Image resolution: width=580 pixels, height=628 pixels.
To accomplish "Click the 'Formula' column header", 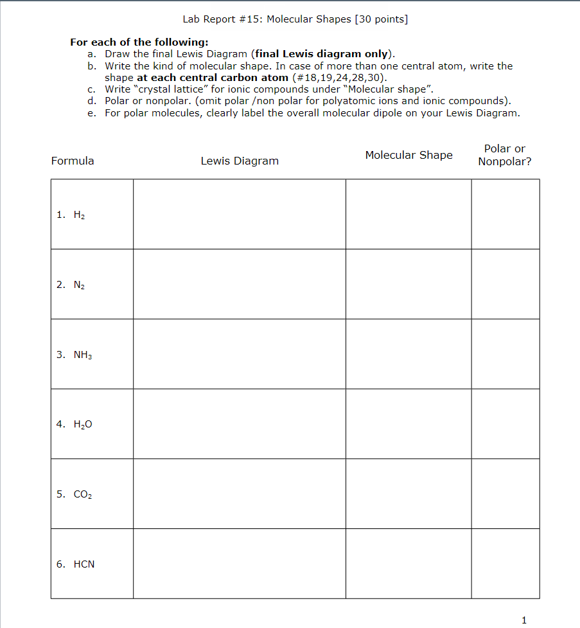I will [73, 161].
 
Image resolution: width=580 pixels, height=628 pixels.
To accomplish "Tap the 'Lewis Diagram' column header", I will [240, 161].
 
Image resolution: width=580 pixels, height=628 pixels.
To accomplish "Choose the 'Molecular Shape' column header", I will [409, 155].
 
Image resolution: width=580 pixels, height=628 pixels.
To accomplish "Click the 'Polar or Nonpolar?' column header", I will [505, 155].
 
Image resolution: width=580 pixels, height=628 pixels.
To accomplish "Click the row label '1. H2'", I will [71, 215].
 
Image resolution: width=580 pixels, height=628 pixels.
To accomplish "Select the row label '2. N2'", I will [71, 285].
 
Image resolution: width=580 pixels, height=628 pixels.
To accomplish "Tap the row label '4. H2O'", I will [75, 424].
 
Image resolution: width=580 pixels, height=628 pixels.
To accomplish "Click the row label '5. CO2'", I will [75, 494].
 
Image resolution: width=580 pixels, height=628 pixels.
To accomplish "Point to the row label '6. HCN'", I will [75, 564].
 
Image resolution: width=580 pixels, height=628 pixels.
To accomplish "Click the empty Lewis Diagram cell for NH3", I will [239, 354].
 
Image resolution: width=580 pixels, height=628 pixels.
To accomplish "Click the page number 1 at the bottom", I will [524, 620].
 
